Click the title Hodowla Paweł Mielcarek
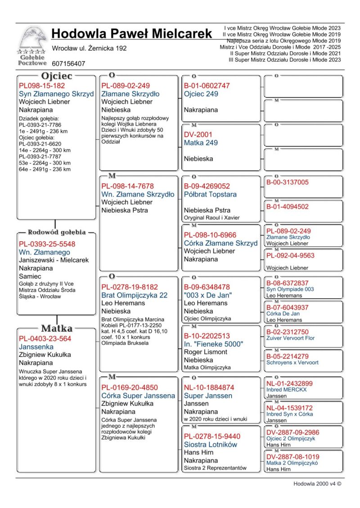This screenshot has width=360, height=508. [131, 34]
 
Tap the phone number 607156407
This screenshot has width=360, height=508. [68, 64]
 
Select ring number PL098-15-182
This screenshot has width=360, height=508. [42, 86]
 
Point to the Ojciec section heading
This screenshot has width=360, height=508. [57, 76]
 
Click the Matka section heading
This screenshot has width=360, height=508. [57, 328]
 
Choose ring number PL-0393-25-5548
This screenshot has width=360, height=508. [47, 244]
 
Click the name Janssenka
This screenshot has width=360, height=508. [36, 347]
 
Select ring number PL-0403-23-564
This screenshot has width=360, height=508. [45, 339]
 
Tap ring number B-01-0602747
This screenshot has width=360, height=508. [207, 86]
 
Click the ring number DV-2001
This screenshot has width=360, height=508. [198, 134]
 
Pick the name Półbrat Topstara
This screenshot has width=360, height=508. [210, 195]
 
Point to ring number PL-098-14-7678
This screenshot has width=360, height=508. [127, 186]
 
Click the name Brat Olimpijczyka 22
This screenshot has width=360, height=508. [134, 295]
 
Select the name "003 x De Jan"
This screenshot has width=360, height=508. [207, 295]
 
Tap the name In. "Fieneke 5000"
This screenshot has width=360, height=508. [213, 344]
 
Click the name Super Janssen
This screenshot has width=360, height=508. [208, 396]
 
